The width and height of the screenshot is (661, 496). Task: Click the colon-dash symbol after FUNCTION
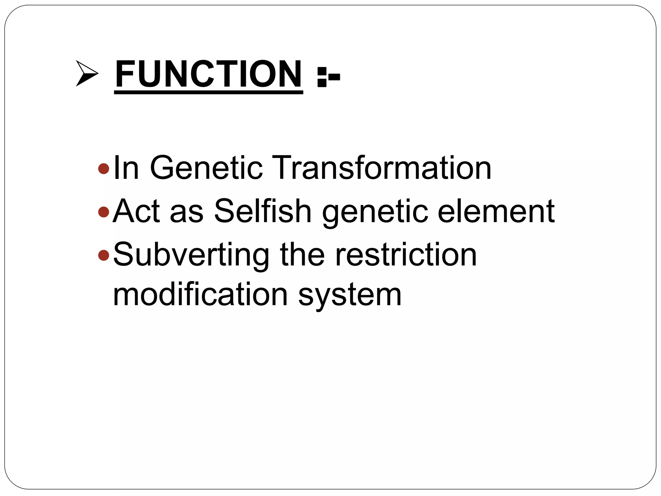(x=328, y=77)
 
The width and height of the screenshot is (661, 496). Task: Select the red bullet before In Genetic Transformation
(x=104, y=168)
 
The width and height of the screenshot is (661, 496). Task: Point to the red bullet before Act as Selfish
(x=104, y=212)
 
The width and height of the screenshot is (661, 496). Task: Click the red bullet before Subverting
(x=104, y=255)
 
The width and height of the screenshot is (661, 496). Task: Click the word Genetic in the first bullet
(x=206, y=168)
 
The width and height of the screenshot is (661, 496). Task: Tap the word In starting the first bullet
(x=126, y=168)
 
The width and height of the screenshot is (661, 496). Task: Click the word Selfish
(x=263, y=211)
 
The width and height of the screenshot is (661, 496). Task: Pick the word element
(x=496, y=211)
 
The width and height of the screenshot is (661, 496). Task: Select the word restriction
(x=406, y=255)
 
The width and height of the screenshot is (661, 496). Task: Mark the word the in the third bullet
(x=302, y=255)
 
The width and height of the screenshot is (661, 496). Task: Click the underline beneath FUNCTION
(x=208, y=93)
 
